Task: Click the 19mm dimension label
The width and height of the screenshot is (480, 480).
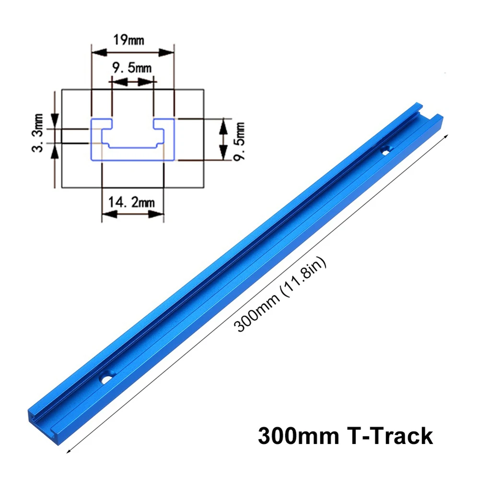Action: click(128, 39)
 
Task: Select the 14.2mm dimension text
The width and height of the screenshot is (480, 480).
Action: click(132, 202)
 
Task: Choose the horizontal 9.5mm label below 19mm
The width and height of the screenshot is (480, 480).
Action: click(131, 68)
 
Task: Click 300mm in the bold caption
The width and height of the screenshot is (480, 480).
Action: click(298, 437)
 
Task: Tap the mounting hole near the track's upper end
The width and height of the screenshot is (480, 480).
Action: click(384, 151)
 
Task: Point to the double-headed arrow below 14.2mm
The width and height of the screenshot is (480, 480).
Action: click(133, 214)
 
